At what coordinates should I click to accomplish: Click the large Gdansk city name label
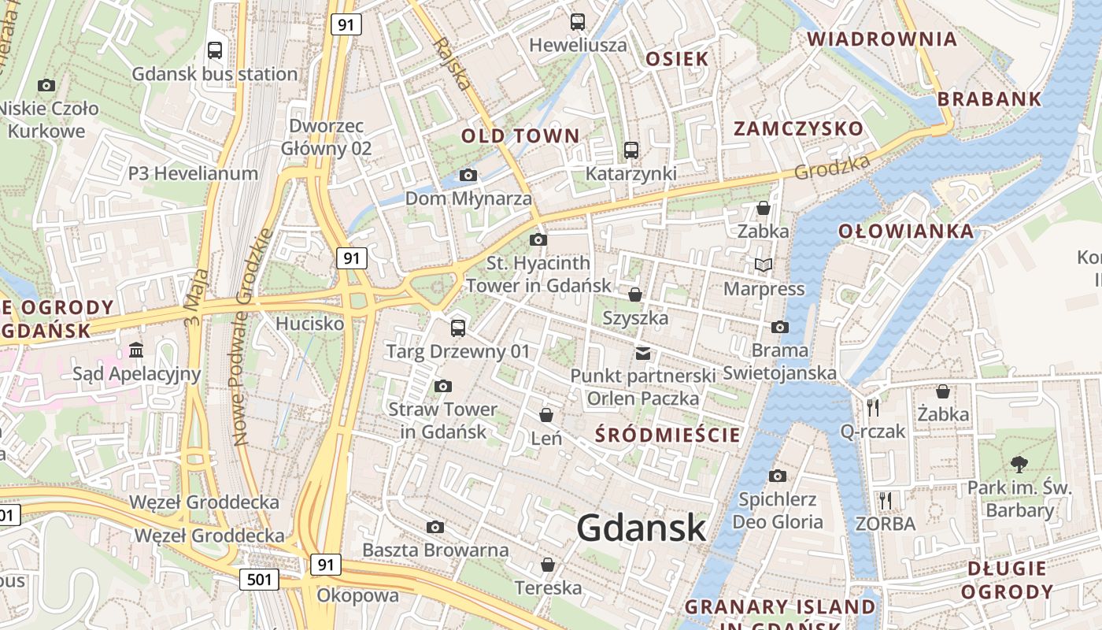tap(642, 527)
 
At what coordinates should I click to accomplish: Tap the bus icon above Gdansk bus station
tap(214, 50)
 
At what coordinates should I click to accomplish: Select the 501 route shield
tap(259, 580)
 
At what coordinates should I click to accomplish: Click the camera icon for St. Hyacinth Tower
tap(538, 239)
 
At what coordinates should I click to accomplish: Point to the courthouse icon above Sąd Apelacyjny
tap(136, 350)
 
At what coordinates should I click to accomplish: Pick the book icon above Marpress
tap(763, 265)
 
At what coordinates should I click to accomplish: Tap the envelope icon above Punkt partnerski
tap(643, 353)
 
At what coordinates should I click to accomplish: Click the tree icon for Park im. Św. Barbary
tap(1019, 464)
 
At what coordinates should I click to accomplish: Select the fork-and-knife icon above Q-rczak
tap(872, 407)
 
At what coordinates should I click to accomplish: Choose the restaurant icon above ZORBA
tap(886, 499)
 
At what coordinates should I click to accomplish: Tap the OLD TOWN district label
tap(520, 135)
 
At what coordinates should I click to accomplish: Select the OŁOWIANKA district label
tap(906, 232)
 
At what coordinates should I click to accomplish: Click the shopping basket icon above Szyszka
tap(634, 295)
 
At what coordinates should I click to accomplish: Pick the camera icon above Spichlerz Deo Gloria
tap(778, 475)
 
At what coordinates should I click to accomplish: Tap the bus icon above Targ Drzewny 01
tap(458, 328)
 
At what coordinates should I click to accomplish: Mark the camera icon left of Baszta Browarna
tap(435, 527)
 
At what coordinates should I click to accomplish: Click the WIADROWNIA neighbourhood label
tap(882, 39)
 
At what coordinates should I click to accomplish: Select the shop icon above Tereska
tap(548, 565)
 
